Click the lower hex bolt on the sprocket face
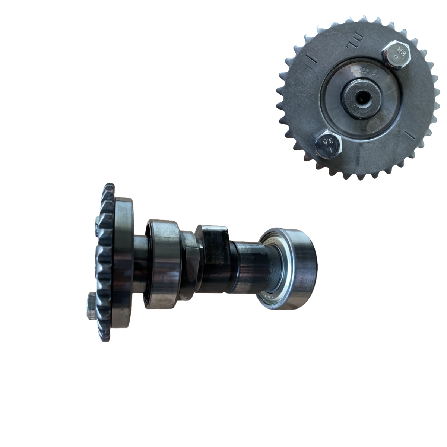(x=328, y=143)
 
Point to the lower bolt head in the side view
(x=92, y=305)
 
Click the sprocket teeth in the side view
(x=104, y=261)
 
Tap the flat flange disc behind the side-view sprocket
(x=123, y=263)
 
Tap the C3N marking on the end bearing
(x=267, y=297)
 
